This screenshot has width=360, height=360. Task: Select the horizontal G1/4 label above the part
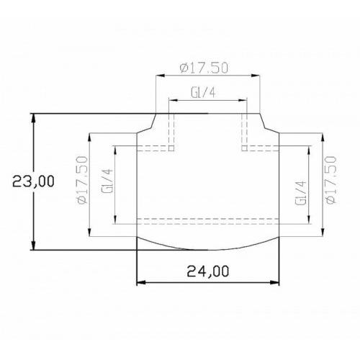[x=205, y=93]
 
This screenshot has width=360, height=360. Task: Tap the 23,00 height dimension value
[x=32, y=181]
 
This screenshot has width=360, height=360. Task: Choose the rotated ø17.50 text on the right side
[x=330, y=181]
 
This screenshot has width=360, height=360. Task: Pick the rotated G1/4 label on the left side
[x=107, y=184]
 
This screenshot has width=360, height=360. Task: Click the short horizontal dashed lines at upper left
[x=155, y=148]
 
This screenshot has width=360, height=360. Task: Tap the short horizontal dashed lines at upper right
[x=261, y=148]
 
